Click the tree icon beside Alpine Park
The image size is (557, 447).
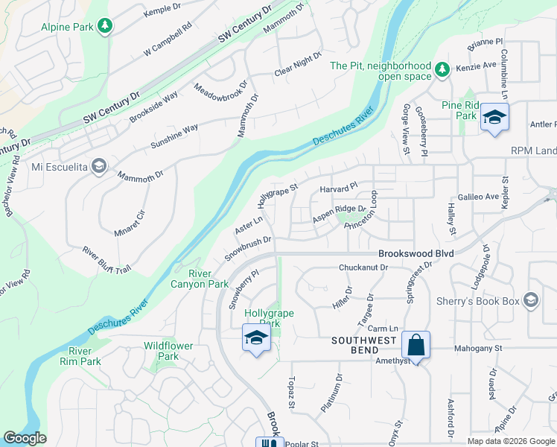click(106, 26)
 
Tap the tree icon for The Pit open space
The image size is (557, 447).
click(442, 69)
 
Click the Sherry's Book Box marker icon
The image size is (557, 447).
click(531, 299)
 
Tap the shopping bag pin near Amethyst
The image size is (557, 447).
click(416, 346)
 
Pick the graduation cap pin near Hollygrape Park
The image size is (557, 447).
click(255, 338)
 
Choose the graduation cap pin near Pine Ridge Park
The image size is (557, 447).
click(493, 118)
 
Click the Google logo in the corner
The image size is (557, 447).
click(25, 438)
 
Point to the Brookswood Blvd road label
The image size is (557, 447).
click(416, 253)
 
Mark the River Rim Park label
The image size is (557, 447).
click(80, 356)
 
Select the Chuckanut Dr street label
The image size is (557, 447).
click(363, 267)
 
